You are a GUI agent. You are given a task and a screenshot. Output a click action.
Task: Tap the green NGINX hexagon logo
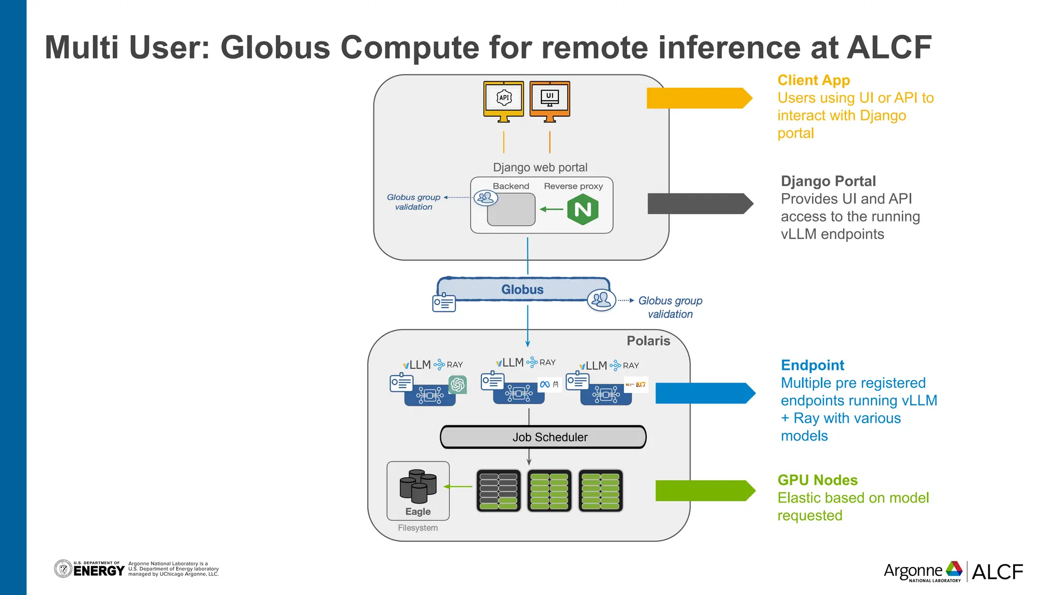(x=582, y=210)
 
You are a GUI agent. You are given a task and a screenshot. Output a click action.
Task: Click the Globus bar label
(x=522, y=290)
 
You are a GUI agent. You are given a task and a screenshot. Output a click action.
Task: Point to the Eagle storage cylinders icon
(x=418, y=486)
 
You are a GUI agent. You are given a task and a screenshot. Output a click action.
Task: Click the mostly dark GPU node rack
(x=498, y=491)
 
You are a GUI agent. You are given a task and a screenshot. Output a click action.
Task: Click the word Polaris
(x=648, y=341)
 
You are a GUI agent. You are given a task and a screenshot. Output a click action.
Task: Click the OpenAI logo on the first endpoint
(x=458, y=384)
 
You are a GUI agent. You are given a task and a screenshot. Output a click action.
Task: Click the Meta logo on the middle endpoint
(x=545, y=384)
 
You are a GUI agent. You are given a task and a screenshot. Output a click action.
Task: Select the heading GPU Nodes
(x=817, y=480)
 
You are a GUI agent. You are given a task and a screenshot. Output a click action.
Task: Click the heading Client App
(x=814, y=81)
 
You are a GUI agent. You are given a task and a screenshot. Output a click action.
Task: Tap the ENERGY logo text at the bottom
(x=99, y=571)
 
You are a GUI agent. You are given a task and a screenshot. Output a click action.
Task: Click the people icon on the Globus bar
(x=601, y=300)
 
